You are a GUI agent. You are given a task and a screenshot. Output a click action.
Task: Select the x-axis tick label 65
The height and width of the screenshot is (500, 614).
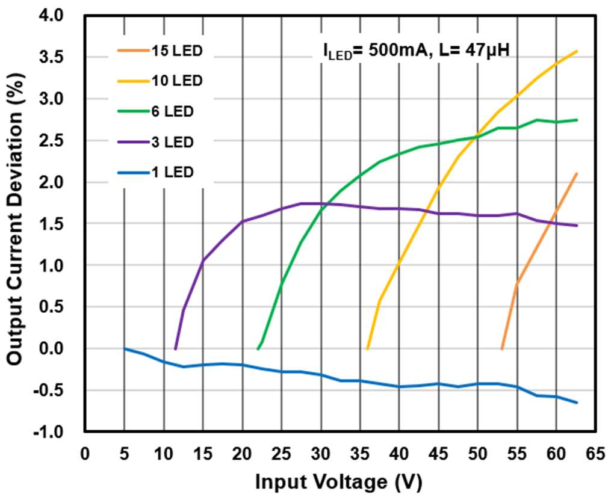pyautogui.click(x=596, y=453)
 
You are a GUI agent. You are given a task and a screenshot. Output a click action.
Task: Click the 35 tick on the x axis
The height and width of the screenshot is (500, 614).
pyautogui.click(x=360, y=453)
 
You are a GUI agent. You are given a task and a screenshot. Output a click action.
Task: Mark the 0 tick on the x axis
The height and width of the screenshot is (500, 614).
pyautogui.click(x=85, y=453)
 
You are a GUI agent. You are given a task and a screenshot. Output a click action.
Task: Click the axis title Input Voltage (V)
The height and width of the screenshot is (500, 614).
pyautogui.click(x=339, y=482)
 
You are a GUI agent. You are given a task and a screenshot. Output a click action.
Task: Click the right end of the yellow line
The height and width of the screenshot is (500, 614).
pyautogui.click(x=577, y=52)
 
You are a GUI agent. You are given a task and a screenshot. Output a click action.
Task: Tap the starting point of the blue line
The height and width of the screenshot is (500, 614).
pyautogui.click(x=125, y=348)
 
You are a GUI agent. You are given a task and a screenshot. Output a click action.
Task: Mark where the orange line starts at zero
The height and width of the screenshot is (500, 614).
pyautogui.click(x=501, y=348)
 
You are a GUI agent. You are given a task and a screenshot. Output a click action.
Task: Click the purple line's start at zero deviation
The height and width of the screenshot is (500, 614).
pyautogui.click(x=175, y=348)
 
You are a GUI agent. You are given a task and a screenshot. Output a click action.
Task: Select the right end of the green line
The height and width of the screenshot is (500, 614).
pyautogui.click(x=577, y=120)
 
